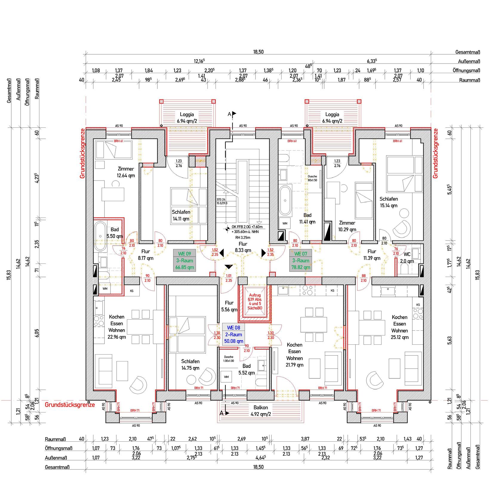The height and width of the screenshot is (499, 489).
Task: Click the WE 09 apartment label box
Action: point(184,261)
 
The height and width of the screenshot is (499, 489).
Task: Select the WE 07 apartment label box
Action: point(301,261)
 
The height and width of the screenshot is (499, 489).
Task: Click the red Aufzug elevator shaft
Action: point(255,302)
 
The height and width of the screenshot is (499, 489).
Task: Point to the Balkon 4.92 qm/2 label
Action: point(261,411)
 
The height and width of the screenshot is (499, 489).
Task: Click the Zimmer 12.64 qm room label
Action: point(126,172)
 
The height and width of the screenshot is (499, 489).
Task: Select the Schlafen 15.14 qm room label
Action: point(388,202)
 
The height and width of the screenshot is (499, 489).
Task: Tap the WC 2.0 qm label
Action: point(407,258)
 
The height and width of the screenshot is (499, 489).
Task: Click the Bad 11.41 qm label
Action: point(307,218)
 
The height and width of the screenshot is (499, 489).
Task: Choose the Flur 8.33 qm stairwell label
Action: point(243,247)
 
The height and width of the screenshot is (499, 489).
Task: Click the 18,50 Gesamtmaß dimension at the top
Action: point(258,52)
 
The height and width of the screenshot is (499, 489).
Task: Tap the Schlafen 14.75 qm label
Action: point(190,364)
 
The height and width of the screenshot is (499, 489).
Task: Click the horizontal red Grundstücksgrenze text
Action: point(70,405)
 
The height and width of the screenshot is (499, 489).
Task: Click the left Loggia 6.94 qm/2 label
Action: point(187,118)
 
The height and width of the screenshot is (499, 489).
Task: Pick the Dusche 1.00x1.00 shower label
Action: point(229,359)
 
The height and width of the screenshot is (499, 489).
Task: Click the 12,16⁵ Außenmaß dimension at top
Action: point(199,61)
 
